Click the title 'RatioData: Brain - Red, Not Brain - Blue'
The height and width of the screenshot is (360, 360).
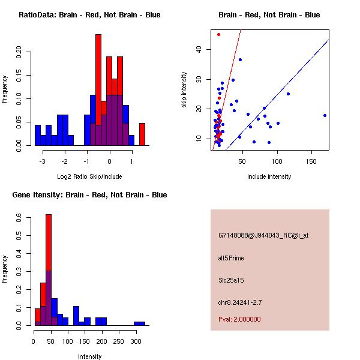pos(89,15)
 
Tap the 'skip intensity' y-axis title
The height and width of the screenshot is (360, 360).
pos(185,90)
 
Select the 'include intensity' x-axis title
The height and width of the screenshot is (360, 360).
pos(269,176)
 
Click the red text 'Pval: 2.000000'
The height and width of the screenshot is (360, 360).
pos(239,319)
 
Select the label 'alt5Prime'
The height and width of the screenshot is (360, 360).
pos(231,258)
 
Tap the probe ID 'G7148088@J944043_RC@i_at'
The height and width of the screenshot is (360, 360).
pos(263,235)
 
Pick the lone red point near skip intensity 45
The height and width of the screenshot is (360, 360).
pos(218,34)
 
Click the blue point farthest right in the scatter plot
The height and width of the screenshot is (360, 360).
pos(325,115)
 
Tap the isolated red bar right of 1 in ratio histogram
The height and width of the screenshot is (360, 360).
pos(142,134)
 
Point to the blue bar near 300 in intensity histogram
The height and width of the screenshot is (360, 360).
pos(139,323)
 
